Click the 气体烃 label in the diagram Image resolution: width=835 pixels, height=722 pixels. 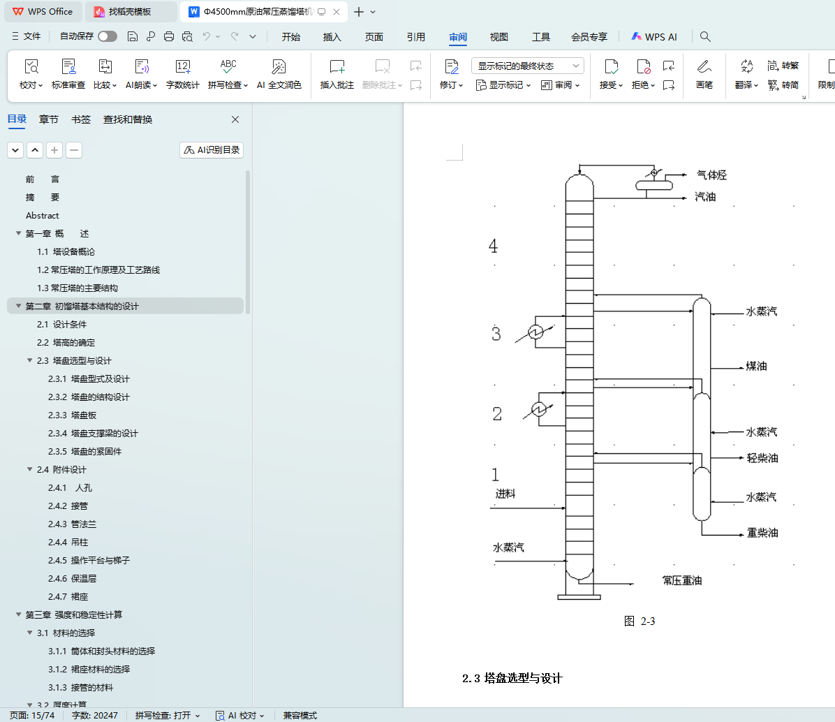tap(711, 175)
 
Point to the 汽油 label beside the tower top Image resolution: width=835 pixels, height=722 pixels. tap(705, 197)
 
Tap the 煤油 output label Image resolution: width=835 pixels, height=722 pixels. tap(756, 366)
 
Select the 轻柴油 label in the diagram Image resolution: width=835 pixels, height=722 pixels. tap(762, 458)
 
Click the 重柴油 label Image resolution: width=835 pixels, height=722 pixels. tap(762, 533)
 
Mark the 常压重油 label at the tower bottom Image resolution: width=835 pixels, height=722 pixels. tap(681, 581)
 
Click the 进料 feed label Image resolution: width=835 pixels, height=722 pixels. tap(505, 494)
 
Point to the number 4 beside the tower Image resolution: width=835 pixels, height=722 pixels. tap(494, 246)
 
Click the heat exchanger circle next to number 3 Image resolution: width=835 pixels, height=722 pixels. tap(536, 332)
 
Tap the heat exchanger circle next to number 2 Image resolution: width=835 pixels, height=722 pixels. tap(540, 410)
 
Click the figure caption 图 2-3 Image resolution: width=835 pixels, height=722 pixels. tap(640, 621)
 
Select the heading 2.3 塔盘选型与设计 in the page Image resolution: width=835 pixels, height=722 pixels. tap(512, 678)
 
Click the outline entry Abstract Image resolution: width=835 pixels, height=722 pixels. tap(43, 216)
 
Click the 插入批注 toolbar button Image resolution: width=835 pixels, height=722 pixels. tap(337, 74)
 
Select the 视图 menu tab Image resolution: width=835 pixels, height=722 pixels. tap(499, 37)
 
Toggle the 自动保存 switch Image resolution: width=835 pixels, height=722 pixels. tap(108, 36)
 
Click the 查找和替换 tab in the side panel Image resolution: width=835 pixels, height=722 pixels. tap(128, 119)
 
